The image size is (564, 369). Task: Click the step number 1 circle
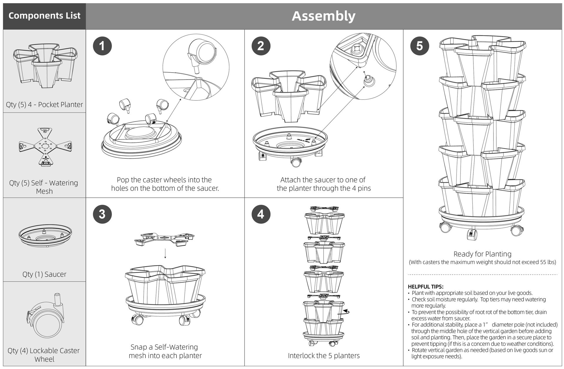(102, 46)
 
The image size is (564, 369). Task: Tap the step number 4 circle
(261, 214)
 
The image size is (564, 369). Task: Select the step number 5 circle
(419, 46)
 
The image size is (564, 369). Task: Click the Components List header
(44, 16)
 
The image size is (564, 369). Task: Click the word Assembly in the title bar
(323, 16)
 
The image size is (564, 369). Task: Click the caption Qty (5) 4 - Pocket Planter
(44, 105)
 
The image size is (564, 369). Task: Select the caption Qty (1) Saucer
(44, 274)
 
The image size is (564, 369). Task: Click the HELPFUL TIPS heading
(426, 287)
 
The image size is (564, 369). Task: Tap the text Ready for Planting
(482, 254)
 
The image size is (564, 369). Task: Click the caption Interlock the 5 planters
(324, 356)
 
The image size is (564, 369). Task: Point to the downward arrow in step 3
(165, 253)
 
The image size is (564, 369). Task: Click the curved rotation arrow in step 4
(347, 311)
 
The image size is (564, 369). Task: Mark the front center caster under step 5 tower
(472, 234)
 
